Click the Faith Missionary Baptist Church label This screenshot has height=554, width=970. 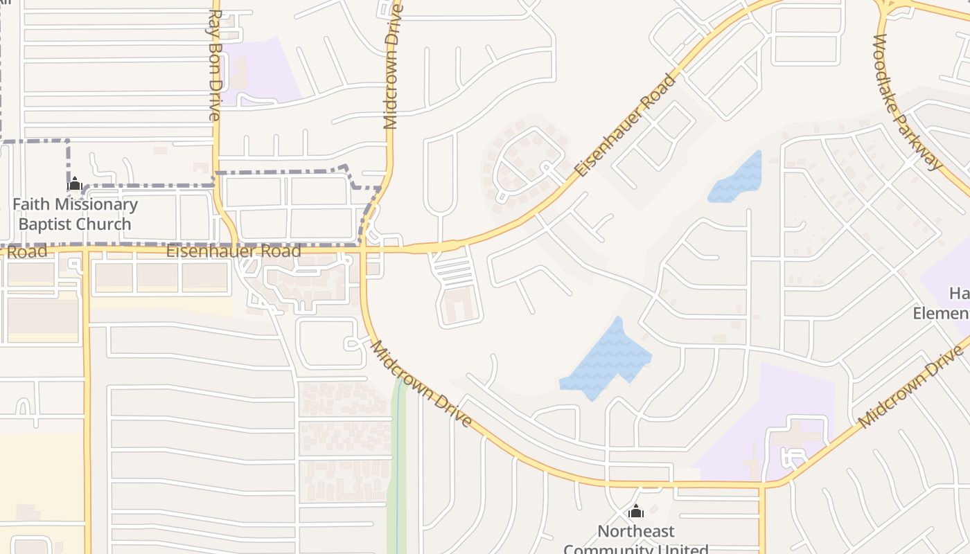click(x=75, y=214)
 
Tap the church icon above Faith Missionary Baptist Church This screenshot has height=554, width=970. click(x=75, y=184)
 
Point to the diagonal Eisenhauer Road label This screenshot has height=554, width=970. click(x=625, y=125)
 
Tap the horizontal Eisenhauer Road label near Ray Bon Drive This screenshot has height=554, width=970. click(x=233, y=251)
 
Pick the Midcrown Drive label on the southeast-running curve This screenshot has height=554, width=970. click(x=422, y=383)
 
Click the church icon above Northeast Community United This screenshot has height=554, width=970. click(x=635, y=512)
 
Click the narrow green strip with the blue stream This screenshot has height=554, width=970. click(x=397, y=471)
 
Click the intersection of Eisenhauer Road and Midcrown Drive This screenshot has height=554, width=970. click(x=363, y=247)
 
